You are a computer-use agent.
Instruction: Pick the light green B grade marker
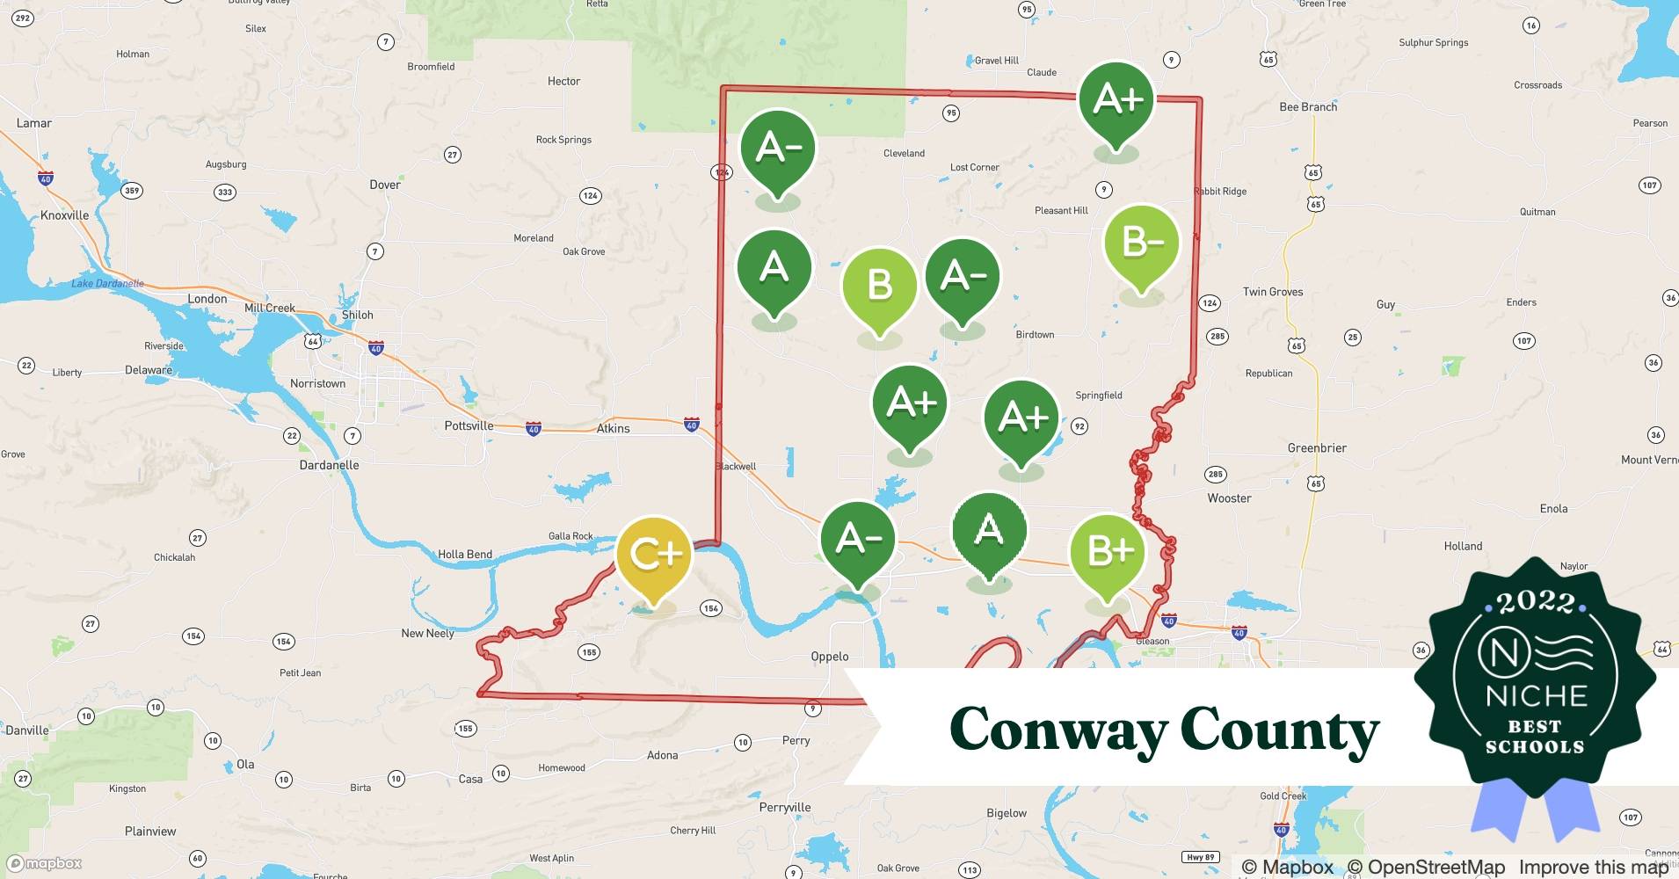click(879, 285)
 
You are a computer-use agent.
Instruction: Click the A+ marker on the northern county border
click(1116, 99)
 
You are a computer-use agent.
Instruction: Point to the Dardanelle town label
click(329, 465)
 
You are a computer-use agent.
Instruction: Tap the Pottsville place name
click(469, 426)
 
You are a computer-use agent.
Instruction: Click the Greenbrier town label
click(1317, 448)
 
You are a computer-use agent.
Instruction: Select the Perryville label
click(785, 808)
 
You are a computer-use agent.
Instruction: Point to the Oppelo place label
click(830, 657)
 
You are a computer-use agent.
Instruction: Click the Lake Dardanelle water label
click(107, 284)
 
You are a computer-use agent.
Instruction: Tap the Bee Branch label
click(1308, 107)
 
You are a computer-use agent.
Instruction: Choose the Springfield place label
click(1099, 396)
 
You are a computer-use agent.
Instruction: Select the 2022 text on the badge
click(1536, 603)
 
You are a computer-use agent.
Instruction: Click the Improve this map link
click(1593, 868)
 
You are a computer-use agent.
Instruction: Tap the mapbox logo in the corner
click(44, 864)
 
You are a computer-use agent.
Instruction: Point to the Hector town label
click(563, 82)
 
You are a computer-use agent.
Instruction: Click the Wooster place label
click(1229, 498)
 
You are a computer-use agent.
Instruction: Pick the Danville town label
click(27, 730)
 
